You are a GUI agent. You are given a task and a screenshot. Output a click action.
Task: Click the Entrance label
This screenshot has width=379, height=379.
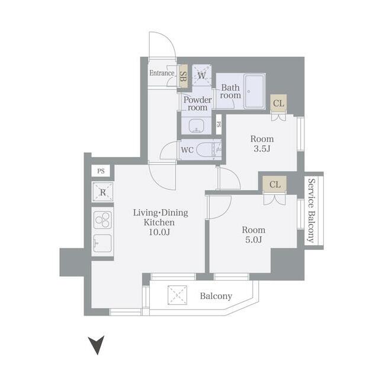pyautogui.click(x=162, y=73)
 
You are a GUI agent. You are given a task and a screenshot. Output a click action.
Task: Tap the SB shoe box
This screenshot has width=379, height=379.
pyautogui.click(x=183, y=76)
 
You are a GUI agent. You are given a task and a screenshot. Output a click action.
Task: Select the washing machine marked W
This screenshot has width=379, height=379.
pyautogui.click(x=201, y=75)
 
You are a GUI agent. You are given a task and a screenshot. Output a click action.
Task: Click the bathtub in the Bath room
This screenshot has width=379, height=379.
pyautogui.click(x=254, y=91)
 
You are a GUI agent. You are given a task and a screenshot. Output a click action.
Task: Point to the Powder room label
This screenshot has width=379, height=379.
pyautogui.click(x=197, y=104)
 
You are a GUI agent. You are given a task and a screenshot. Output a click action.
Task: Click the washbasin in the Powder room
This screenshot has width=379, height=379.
pyautogui.click(x=196, y=126)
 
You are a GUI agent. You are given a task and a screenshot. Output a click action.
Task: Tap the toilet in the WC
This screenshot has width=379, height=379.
pyautogui.click(x=208, y=150)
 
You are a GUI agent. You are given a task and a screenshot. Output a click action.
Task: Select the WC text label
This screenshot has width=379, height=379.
pyautogui.click(x=187, y=150)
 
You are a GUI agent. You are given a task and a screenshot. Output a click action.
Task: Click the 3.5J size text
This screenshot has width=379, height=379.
pyautogui.click(x=262, y=149)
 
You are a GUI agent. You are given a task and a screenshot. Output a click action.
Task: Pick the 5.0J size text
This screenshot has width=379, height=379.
pyautogui.click(x=253, y=240)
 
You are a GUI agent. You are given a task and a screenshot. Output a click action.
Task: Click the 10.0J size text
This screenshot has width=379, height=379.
pyautogui.click(x=159, y=232)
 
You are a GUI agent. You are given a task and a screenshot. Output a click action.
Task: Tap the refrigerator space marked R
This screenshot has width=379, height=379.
pyautogui.click(x=103, y=192)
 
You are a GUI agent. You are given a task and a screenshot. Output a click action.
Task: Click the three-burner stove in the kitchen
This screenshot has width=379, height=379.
pyautogui.click(x=102, y=220)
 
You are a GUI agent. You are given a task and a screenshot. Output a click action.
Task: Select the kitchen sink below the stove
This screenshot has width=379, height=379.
pyautogui.click(x=102, y=243)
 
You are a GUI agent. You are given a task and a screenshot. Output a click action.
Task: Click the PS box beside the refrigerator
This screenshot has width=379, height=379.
pyautogui.click(x=101, y=171)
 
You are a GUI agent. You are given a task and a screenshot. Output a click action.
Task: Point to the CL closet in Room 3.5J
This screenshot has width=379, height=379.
pyautogui.click(x=278, y=103)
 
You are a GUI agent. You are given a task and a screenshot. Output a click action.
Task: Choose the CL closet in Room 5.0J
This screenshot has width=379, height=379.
pyautogui.click(x=275, y=184)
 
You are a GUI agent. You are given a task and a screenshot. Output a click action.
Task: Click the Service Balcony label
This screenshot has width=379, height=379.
pyautogui.click(x=311, y=211)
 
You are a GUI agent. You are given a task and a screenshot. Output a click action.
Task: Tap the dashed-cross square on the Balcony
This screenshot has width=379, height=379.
pyautogui.click(x=178, y=295)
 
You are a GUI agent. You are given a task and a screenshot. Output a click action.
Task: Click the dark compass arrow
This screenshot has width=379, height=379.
pyautogui.click(x=97, y=345)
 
